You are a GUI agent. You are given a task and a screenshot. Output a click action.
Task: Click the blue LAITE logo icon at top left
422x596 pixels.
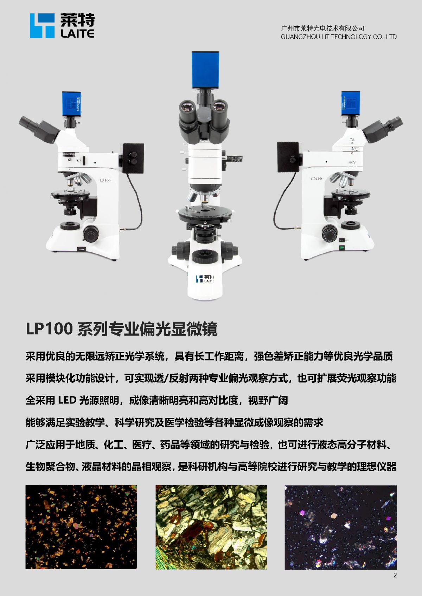(x=42, y=26)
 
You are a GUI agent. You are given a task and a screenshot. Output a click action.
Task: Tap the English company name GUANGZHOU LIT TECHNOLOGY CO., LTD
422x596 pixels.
(x=338, y=37)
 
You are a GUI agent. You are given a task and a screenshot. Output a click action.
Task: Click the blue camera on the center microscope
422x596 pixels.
(x=205, y=70)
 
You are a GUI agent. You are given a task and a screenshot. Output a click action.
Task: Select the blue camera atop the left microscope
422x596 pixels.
(x=72, y=104)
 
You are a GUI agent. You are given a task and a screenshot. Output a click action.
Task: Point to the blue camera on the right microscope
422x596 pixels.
(x=351, y=104)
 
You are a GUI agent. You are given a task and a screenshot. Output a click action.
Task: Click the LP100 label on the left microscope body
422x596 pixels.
(x=105, y=180)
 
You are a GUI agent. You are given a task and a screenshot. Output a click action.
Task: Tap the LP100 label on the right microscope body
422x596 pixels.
(x=316, y=179)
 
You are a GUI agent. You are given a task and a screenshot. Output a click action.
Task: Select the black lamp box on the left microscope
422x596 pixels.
(x=133, y=158)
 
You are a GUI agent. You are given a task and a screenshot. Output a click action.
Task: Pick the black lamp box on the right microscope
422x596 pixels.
(x=288, y=157)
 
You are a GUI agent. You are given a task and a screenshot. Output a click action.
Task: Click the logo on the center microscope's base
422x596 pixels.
(x=205, y=279)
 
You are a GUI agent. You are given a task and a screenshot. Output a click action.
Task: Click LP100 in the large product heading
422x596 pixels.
(x=49, y=329)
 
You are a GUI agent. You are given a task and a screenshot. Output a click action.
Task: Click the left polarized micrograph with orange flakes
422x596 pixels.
(x=81, y=527)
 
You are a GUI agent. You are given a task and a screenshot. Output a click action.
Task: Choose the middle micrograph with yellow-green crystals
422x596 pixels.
(x=211, y=527)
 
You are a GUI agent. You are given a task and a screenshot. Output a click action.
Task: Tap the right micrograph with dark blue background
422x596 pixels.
(x=340, y=527)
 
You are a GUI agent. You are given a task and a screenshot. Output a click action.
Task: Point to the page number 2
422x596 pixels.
(x=395, y=575)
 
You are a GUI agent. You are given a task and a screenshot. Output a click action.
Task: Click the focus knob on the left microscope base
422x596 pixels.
(x=91, y=234)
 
